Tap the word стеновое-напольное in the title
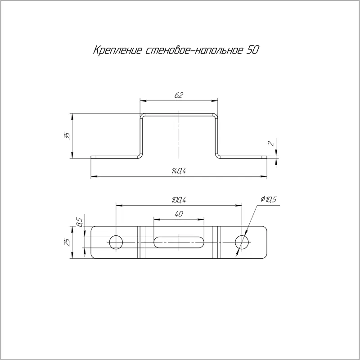coord(194,50)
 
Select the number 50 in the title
coord(252,50)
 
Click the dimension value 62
coord(179,95)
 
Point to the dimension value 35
coord(67,136)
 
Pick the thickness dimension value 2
coord(271,144)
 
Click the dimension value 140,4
coord(179,171)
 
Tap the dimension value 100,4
coord(179,200)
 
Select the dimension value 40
coord(179,214)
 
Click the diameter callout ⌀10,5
coord(268,199)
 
